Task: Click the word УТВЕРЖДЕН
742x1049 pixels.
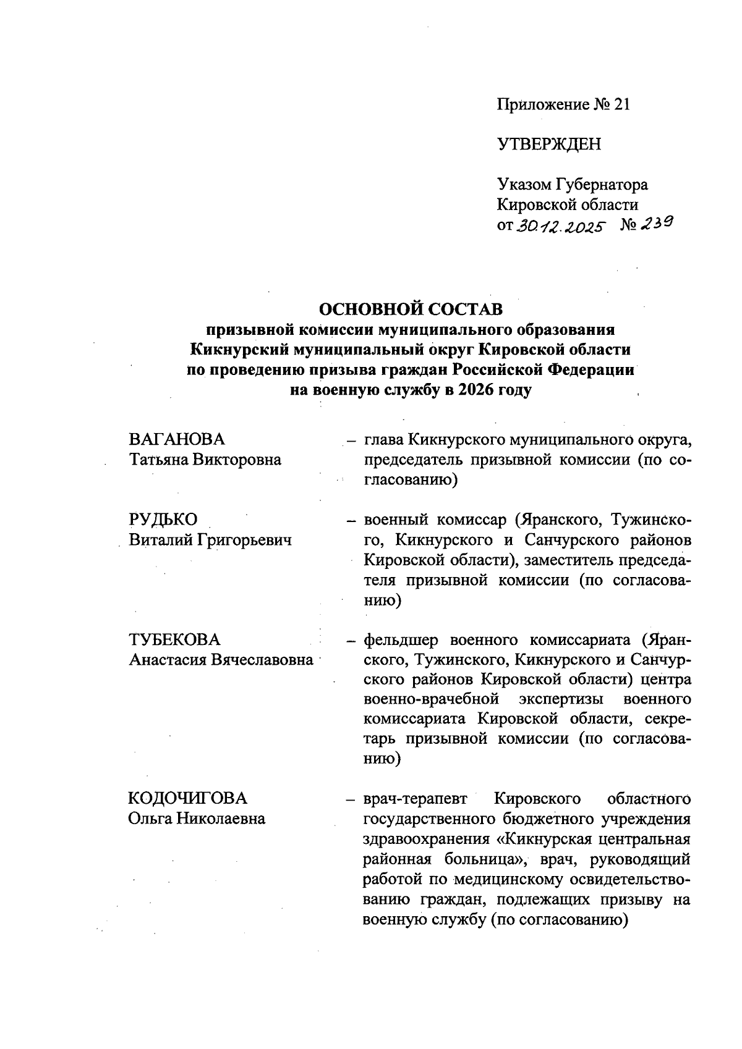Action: coord(548,145)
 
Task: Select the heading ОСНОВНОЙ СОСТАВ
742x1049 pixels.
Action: coord(411,308)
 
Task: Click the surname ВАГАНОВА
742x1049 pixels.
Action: coord(177,439)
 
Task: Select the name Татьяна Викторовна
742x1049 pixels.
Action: coord(205,460)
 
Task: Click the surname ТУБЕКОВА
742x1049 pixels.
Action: coord(174,639)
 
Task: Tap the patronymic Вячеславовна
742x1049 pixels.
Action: coord(263,660)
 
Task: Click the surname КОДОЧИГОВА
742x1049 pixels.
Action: coord(187,799)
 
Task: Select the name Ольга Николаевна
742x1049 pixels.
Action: coord(197,819)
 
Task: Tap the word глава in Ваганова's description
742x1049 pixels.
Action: coord(383,440)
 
